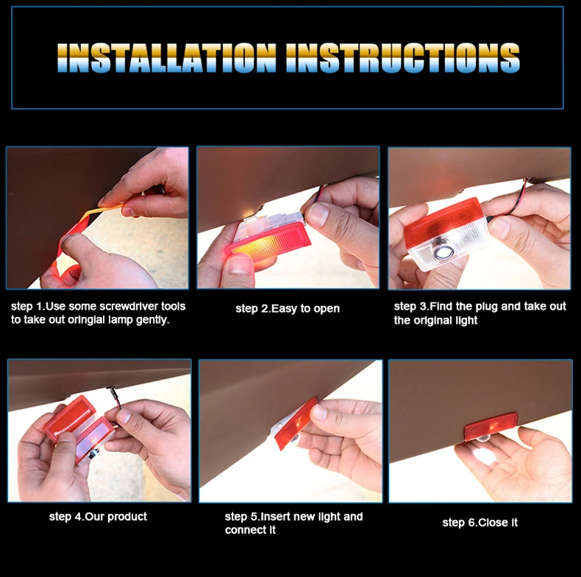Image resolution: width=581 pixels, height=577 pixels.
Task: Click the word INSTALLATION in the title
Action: (167, 57)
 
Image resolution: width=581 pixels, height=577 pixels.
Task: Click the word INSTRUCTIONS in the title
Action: (403, 57)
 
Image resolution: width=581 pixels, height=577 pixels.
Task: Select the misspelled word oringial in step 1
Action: (86, 320)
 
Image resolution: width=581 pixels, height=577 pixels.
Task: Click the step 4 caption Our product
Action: (116, 517)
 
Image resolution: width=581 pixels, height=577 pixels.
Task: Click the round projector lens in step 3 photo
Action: (441, 252)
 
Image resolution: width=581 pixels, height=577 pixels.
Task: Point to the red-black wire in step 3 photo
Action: (513, 200)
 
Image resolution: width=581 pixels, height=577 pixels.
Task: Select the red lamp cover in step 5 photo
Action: (296, 422)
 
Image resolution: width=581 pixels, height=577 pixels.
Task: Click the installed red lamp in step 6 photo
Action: (491, 426)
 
